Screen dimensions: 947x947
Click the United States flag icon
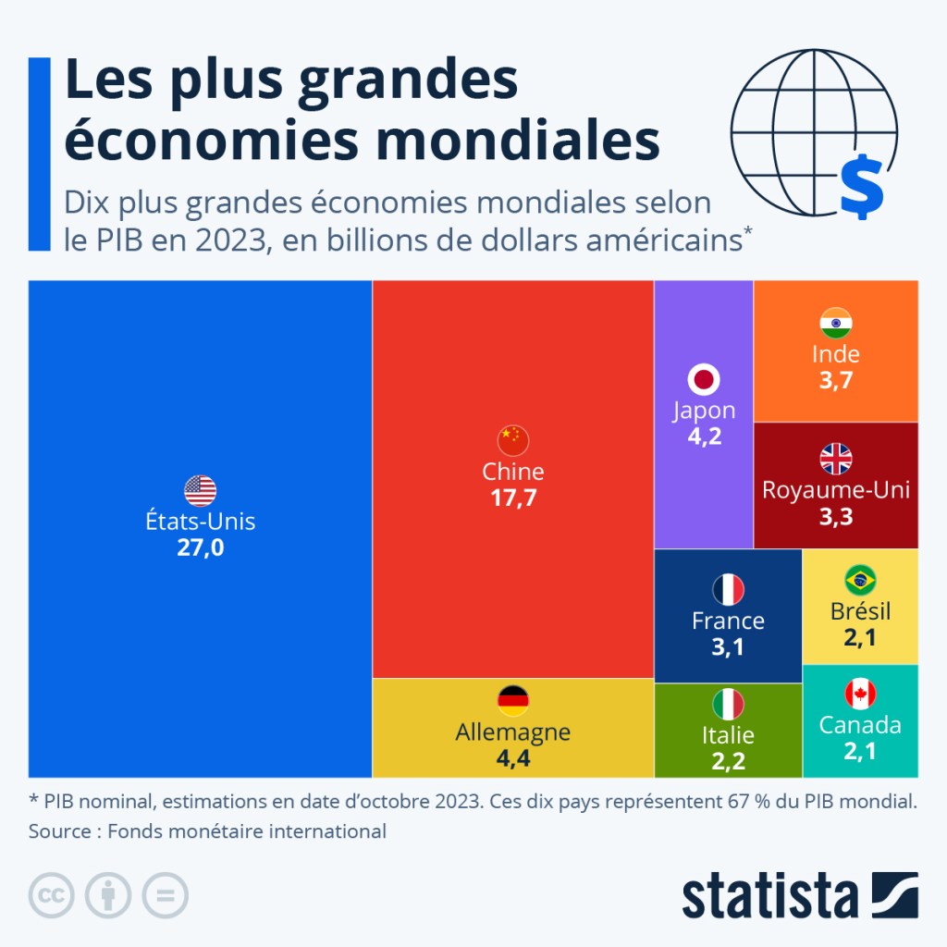click(x=200, y=490)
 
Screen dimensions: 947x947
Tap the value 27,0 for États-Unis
click(x=200, y=548)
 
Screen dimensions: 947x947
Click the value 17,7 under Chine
click(x=513, y=498)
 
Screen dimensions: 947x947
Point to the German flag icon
click(x=513, y=701)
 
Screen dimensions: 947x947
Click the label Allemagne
click(x=513, y=732)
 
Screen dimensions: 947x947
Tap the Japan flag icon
click(x=704, y=379)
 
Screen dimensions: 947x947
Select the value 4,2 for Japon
click(x=704, y=436)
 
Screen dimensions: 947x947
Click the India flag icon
click(x=836, y=323)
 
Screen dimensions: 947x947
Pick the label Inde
click(x=836, y=354)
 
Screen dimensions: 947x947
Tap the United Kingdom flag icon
click(x=836, y=459)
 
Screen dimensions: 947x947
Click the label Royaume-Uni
click(x=836, y=490)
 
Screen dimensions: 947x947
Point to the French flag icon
click(x=728, y=589)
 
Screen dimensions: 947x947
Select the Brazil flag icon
click(x=860, y=580)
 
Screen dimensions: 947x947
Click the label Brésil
click(x=860, y=611)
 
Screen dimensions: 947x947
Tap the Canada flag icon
click(x=860, y=694)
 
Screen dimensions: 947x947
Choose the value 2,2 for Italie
click(x=728, y=761)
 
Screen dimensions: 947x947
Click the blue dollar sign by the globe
click(x=862, y=187)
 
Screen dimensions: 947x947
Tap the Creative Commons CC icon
click(x=52, y=895)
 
